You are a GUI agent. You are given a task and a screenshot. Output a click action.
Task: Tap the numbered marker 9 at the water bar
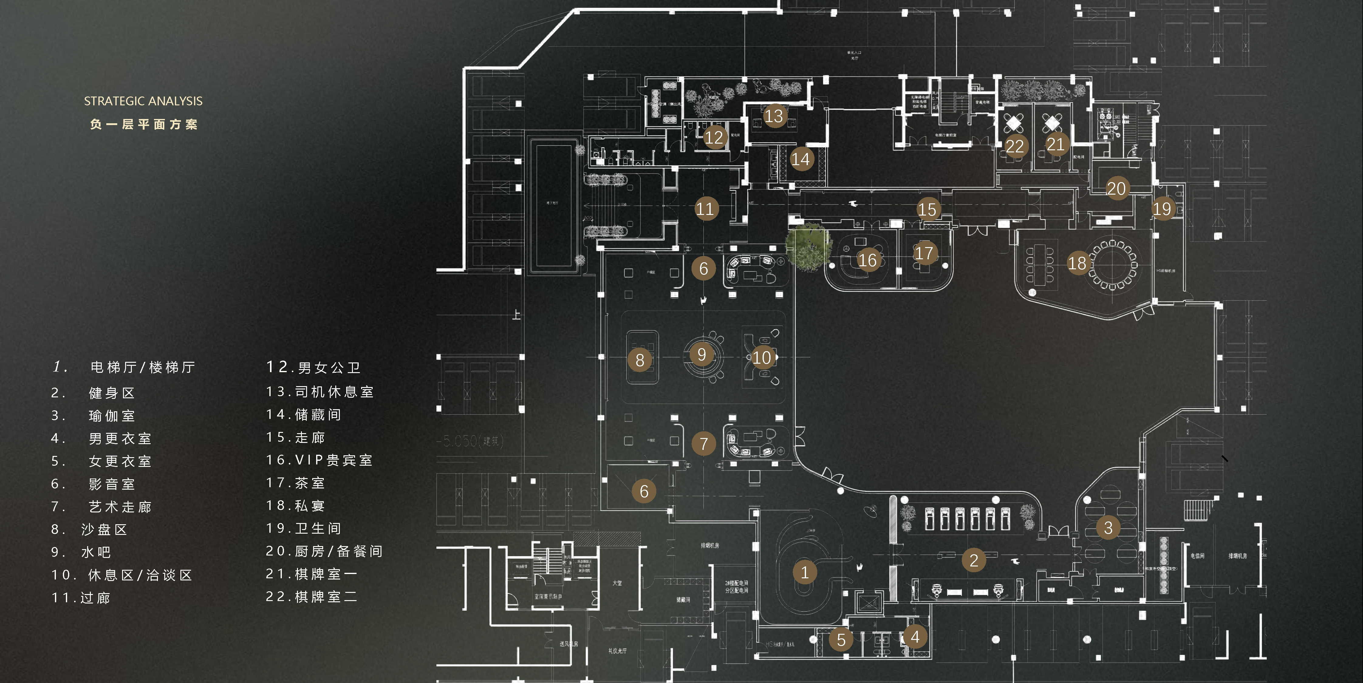(702, 355)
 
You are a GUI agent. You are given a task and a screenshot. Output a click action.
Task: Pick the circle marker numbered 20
(1116, 188)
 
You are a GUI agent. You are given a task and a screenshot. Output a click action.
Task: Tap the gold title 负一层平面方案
(143, 124)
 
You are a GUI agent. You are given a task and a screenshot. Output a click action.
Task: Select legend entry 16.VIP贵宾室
(319, 460)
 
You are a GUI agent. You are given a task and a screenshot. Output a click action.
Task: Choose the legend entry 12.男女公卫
(313, 367)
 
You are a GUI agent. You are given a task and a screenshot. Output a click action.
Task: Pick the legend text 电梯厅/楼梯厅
(143, 367)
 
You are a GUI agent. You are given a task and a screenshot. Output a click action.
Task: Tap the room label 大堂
(617, 583)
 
